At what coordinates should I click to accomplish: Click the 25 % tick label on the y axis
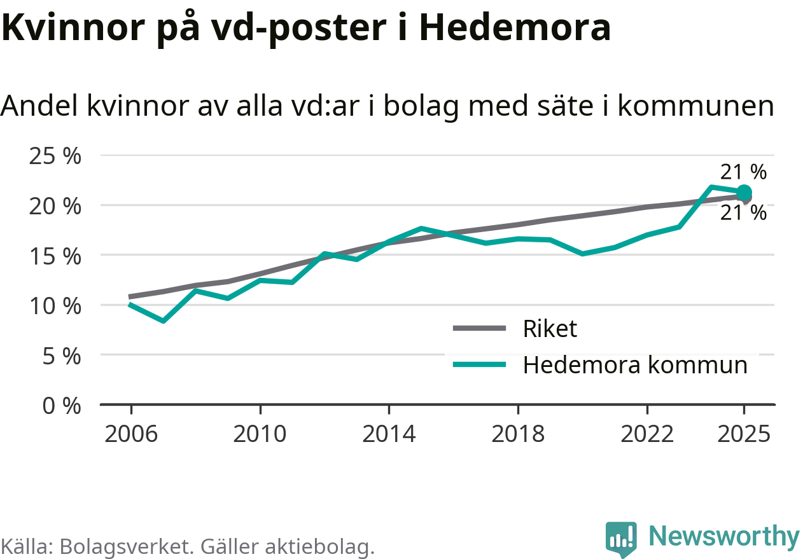(55, 156)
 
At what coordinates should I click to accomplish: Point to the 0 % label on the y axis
(62, 406)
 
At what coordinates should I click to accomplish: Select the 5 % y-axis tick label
(62, 356)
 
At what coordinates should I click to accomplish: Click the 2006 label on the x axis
(131, 434)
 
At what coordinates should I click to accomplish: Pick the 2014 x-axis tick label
(389, 434)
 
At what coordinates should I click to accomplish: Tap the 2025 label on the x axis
(744, 434)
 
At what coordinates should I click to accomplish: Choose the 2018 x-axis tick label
(518, 434)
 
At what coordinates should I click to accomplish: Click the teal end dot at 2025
(744, 193)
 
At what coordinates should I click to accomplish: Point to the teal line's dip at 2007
(164, 321)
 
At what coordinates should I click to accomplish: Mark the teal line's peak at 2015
(421, 228)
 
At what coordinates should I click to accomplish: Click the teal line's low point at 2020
(582, 254)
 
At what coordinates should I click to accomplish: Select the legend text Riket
(550, 329)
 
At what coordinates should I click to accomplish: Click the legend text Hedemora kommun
(635, 365)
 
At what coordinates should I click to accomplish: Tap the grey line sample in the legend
(479, 328)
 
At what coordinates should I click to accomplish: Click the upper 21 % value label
(743, 172)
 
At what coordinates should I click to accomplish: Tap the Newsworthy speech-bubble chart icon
(620, 539)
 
